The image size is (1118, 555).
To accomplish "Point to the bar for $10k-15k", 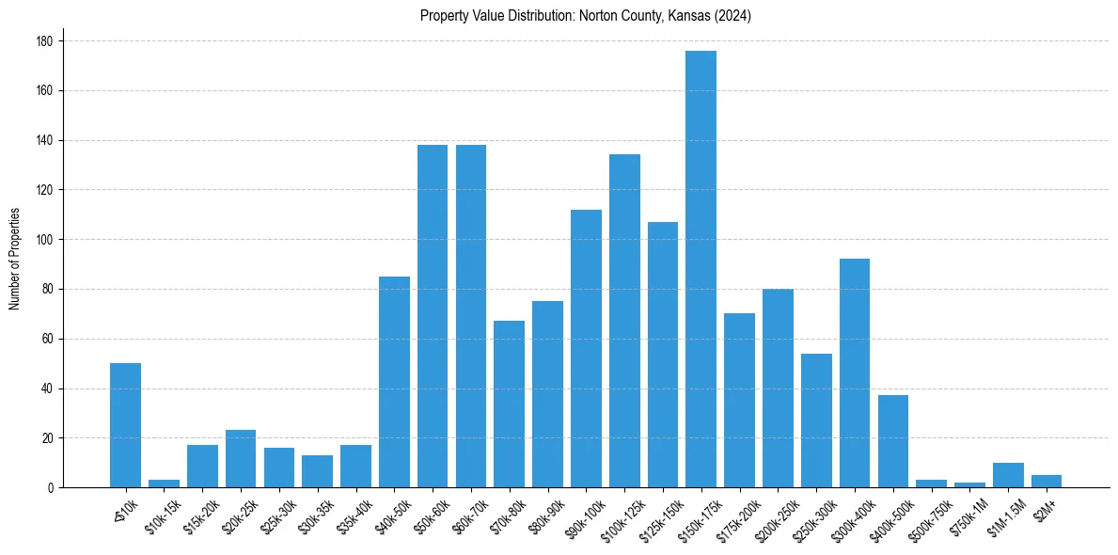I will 164,484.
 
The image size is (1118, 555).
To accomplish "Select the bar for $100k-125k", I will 624,321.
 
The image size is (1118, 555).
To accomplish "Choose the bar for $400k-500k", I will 892,441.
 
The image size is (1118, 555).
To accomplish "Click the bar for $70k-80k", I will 509,404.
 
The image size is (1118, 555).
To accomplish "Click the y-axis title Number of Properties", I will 14,258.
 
